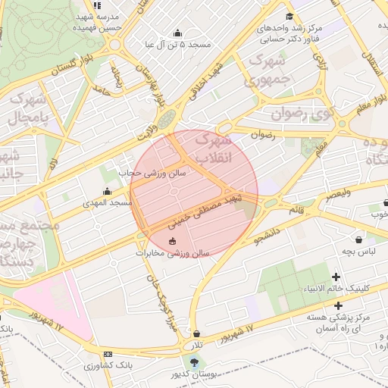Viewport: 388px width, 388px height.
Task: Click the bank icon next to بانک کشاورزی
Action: [108, 354]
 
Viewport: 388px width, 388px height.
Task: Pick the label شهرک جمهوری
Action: [270, 69]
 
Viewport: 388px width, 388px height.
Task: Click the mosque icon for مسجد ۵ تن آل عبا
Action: [178, 33]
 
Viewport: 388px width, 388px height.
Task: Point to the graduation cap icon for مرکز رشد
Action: [289, 17]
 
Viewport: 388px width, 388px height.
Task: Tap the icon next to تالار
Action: [197, 333]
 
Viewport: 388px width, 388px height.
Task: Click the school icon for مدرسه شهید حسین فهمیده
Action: [97, 5]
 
